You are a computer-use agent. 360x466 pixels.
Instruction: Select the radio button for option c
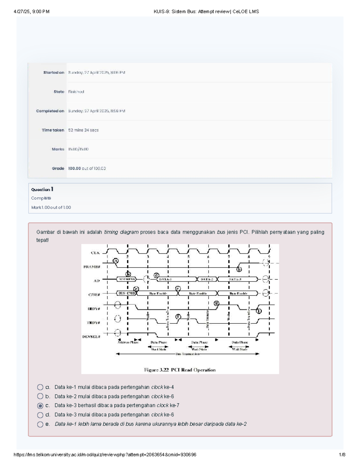tap(40, 406)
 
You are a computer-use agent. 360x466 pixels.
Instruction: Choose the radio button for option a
tap(40, 387)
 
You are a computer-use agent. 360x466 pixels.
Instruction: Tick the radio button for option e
tap(40, 424)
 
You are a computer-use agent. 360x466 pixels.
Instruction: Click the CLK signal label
tap(95, 253)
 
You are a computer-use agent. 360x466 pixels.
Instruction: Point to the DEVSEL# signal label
tap(91, 337)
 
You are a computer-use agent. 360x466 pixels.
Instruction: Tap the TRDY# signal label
tap(93, 323)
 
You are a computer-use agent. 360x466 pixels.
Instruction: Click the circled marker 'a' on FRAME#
tap(116, 261)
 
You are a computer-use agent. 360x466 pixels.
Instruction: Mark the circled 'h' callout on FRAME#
tap(239, 269)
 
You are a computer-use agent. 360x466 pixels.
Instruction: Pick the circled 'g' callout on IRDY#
tap(217, 303)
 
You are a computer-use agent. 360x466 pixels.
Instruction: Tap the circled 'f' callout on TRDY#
tap(178, 317)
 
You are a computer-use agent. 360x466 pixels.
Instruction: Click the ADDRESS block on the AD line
tap(127, 279)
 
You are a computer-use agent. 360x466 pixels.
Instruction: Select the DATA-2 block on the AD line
tap(207, 279)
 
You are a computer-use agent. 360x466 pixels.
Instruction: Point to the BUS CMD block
tap(126, 293)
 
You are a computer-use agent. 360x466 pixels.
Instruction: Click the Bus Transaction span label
tap(187, 354)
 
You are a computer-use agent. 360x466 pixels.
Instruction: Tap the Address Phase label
tap(128, 342)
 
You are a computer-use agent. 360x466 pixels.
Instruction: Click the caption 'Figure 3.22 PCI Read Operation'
tap(180, 370)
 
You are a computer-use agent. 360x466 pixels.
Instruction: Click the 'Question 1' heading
tap(42, 189)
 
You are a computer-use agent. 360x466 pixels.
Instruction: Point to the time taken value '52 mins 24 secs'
tap(83, 130)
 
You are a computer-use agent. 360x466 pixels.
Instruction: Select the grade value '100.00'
tap(74, 168)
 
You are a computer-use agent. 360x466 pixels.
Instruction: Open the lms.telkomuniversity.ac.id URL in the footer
tap(105, 455)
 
